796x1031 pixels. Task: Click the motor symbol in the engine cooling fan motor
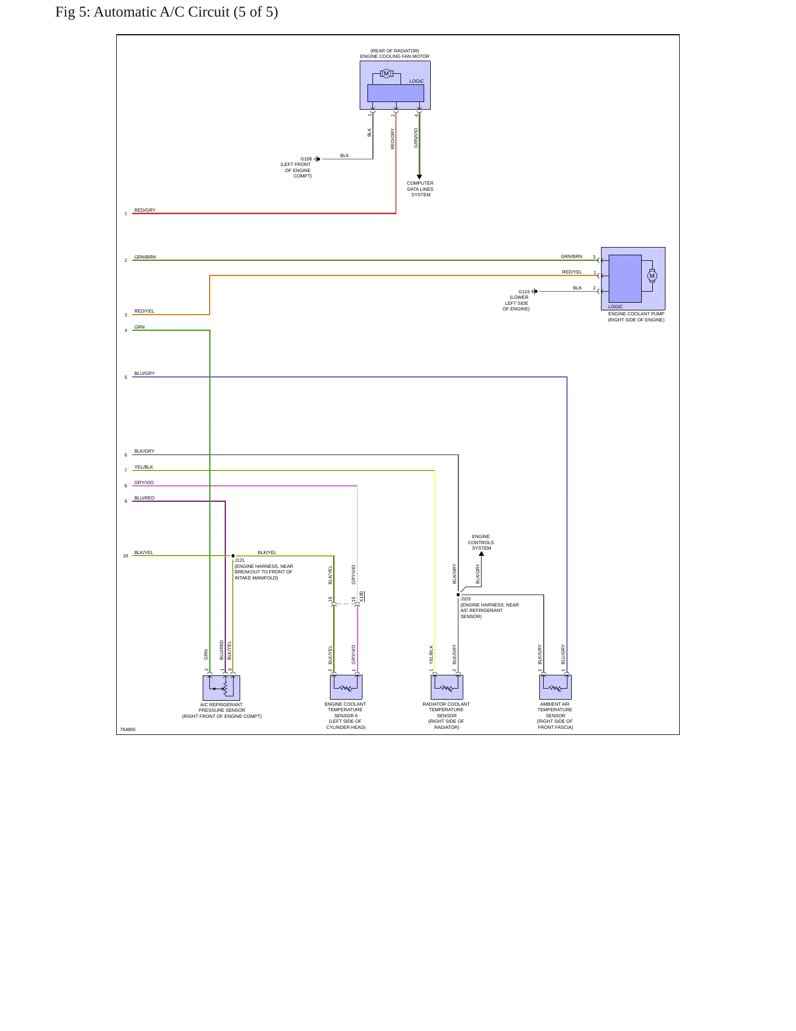tap(386, 74)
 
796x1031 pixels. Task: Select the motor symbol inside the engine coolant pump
tap(652, 276)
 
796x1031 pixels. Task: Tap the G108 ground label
tap(306, 159)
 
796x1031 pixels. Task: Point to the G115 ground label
tap(524, 292)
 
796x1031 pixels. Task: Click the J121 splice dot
tap(233, 556)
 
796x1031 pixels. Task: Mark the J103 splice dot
tap(458, 595)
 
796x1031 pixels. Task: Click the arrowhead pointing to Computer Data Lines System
tap(419, 177)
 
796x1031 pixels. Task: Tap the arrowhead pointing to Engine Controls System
tap(481, 554)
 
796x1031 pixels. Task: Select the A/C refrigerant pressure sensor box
tap(221, 688)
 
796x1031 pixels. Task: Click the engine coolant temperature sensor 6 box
tap(346, 687)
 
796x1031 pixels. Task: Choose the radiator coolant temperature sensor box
tap(447, 687)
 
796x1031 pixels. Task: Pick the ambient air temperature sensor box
tap(555, 687)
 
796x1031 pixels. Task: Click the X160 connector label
tap(361, 597)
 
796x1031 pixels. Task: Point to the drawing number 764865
tap(128, 729)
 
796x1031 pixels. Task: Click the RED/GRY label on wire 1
tap(145, 210)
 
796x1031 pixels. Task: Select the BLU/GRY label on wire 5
tap(144, 373)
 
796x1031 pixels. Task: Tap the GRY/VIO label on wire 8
tap(144, 482)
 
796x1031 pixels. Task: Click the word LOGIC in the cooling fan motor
tap(416, 81)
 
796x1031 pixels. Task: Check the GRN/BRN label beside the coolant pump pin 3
tap(571, 256)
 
